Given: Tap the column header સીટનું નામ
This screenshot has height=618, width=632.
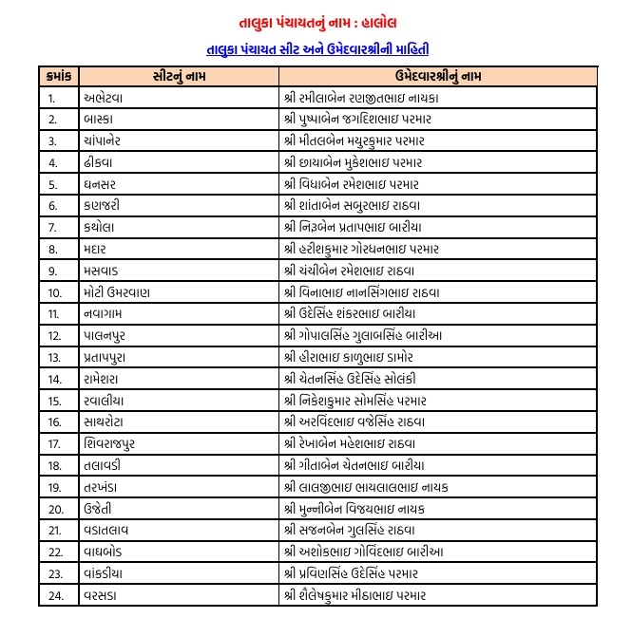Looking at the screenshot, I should (178, 75).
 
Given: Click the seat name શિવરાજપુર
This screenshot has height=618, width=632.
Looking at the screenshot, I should (116, 444).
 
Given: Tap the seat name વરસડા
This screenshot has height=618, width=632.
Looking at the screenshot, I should (105, 595).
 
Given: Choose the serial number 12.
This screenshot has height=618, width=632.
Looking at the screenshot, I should (54, 335).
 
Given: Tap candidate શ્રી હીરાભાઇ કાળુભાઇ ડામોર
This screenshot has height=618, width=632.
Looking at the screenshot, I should (348, 357).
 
